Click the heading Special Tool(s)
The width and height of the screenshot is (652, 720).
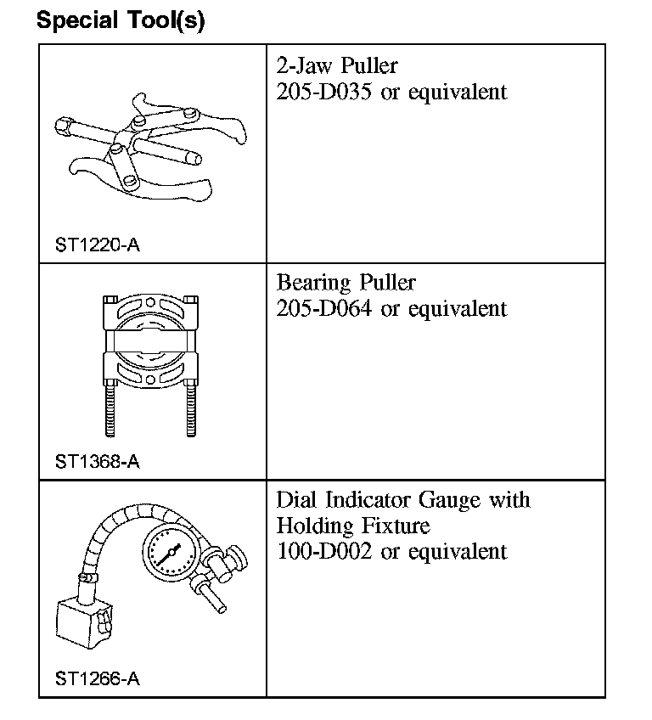click(x=121, y=20)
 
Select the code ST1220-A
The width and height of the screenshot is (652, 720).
click(x=97, y=245)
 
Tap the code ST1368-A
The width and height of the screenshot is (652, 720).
click(x=97, y=462)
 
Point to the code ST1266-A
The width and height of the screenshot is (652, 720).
click(x=97, y=678)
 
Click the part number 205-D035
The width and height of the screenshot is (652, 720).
click(x=324, y=92)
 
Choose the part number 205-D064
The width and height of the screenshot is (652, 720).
click(x=324, y=308)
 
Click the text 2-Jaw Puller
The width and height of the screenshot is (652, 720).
click(x=337, y=65)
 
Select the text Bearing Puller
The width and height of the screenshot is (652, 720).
click(x=346, y=283)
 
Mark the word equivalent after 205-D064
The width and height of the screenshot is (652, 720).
click(x=457, y=308)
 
